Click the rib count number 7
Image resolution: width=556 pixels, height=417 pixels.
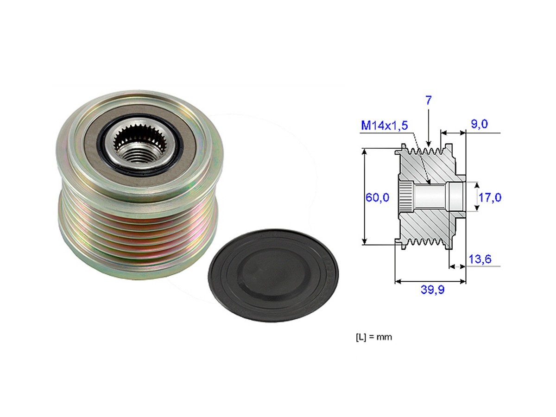pyautogui.click(x=429, y=101)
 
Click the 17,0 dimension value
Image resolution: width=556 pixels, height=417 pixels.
pyautogui.click(x=490, y=197)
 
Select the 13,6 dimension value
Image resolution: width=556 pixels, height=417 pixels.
pyautogui.click(x=480, y=259)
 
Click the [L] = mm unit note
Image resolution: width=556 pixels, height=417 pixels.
pyautogui.click(x=373, y=337)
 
